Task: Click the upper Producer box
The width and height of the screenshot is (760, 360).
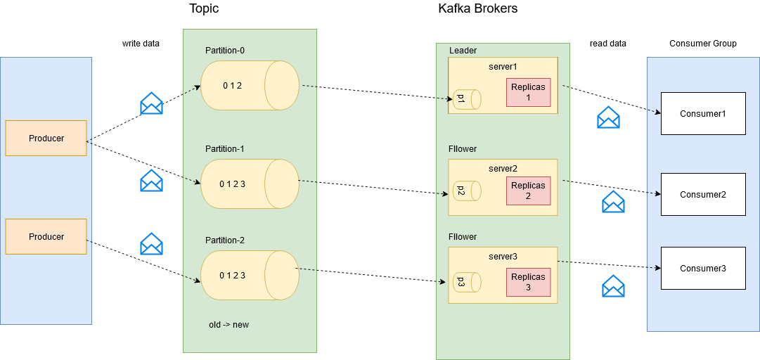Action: click(x=46, y=139)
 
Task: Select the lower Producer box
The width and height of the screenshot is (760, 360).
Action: click(x=46, y=237)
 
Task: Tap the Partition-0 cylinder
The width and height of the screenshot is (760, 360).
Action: click(x=250, y=86)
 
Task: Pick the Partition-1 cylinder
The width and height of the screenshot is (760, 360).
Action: click(x=250, y=184)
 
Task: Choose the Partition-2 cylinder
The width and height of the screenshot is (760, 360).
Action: click(x=250, y=275)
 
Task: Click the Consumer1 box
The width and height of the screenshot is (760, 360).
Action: click(x=702, y=114)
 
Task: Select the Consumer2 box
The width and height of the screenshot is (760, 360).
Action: click(x=702, y=195)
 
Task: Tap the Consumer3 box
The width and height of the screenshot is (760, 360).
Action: click(x=702, y=269)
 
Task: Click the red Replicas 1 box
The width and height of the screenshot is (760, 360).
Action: click(x=528, y=93)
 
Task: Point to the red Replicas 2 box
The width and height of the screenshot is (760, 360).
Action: click(x=528, y=191)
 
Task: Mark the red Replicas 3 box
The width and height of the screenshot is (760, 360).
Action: click(x=528, y=282)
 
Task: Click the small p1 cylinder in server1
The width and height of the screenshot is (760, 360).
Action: click(x=466, y=99)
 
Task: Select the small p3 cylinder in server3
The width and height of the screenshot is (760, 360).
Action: click(x=466, y=282)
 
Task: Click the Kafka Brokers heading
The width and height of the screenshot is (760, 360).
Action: click(x=478, y=9)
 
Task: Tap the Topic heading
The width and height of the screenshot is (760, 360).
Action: click(x=204, y=9)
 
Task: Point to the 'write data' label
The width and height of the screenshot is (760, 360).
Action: click(x=141, y=44)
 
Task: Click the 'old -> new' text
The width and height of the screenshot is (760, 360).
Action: click(x=228, y=325)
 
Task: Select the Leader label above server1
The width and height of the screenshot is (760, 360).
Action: click(x=463, y=51)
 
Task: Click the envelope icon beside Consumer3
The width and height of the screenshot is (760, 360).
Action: click(x=613, y=286)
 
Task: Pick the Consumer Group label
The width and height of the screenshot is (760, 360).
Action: click(x=703, y=44)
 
